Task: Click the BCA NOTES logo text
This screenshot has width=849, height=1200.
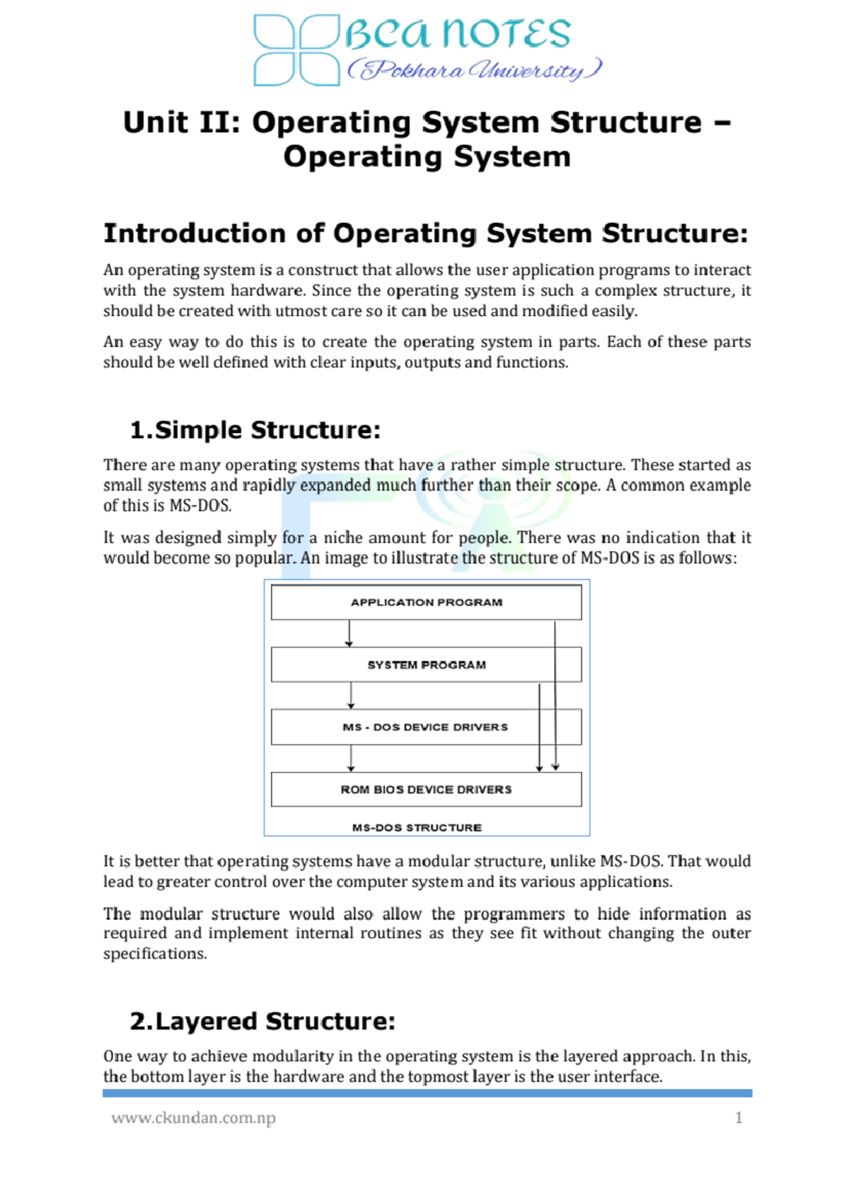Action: tap(458, 34)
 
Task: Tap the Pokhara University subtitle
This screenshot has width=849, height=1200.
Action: tap(474, 70)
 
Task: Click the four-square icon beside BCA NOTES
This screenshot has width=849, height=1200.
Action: tap(296, 50)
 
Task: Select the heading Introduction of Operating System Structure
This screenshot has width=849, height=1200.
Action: tap(425, 233)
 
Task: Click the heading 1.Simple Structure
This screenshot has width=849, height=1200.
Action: tap(255, 430)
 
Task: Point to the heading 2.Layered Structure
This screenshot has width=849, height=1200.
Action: tap(262, 1022)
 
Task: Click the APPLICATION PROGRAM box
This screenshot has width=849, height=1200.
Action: tap(426, 602)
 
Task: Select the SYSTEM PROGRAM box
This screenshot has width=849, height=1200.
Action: tap(426, 665)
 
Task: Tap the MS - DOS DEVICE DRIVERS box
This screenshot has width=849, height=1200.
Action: tap(426, 727)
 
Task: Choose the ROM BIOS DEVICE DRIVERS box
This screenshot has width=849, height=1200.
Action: tap(426, 790)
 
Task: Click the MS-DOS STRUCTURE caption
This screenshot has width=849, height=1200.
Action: tap(417, 828)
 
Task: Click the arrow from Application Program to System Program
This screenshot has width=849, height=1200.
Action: tap(349, 633)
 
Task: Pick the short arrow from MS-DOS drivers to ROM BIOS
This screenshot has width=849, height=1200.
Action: tap(351, 758)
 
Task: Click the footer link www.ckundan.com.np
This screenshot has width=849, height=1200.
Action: tap(193, 1118)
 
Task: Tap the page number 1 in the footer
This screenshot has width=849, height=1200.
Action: tap(739, 1118)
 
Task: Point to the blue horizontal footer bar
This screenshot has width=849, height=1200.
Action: tap(427, 1093)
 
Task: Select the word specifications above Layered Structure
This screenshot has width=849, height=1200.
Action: tap(155, 954)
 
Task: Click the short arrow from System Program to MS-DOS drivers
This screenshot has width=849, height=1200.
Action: tap(351, 696)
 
